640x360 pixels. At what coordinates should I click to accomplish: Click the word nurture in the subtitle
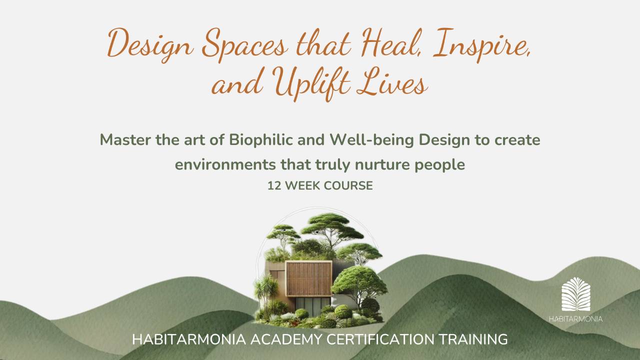pos(385,164)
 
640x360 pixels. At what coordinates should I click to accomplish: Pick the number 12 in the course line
pos(273,185)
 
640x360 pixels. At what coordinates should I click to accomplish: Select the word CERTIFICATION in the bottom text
pos(381,339)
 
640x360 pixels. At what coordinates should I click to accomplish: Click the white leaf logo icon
pos(575,294)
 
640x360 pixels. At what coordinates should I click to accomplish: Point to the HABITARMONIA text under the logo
pos(575,318)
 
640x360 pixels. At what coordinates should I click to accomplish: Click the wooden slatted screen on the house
pos(308,279)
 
